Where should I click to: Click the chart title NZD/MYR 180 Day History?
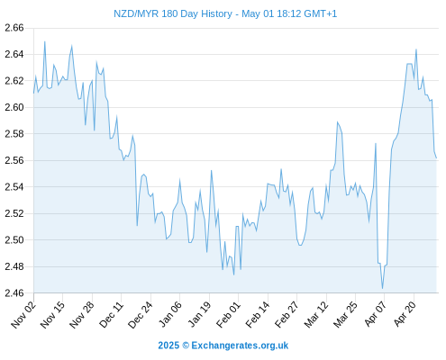(173, 13)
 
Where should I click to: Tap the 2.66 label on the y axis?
(14, 28)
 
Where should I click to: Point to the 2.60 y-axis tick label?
(14, 107)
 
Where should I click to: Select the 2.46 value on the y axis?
(14, 292)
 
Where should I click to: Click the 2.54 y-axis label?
(14, 187)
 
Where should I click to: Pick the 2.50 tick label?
(14, 240)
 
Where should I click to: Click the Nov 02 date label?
(23, 314)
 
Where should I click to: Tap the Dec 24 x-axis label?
(141, 314)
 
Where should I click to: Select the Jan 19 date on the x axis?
(199, 314)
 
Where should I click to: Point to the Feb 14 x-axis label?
(258, 314)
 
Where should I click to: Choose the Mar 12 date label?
(316, 314)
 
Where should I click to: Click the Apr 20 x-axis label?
(405, 314)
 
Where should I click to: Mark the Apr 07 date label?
(375, 314)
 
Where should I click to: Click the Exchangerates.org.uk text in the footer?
(240, 346)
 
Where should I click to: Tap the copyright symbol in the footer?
(186, 346)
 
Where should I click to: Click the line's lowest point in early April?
(382, 289)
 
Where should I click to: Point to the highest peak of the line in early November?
(45, 41)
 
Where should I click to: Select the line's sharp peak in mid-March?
(337, 121)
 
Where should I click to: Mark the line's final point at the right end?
(436, 158)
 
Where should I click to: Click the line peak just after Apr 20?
(416, 49)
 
